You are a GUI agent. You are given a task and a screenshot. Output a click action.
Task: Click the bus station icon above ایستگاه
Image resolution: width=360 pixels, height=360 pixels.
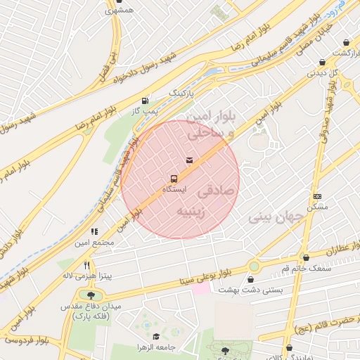click(174, 179)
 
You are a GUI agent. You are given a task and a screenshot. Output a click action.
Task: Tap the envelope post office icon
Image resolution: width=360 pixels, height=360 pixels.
click(188, 160)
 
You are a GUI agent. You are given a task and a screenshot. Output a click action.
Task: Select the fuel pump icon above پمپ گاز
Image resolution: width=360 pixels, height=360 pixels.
click(146, 101)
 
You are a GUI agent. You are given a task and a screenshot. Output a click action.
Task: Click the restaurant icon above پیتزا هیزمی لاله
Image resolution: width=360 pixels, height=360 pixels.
click(86, 265)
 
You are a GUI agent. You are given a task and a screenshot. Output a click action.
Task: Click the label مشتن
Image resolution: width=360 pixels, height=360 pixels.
click(318, 208)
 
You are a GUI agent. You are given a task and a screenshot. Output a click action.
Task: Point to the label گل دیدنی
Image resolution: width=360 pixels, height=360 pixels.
click(325, 72)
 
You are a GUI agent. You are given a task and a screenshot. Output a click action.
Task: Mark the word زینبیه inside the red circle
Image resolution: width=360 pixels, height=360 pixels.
click(193, 212)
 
